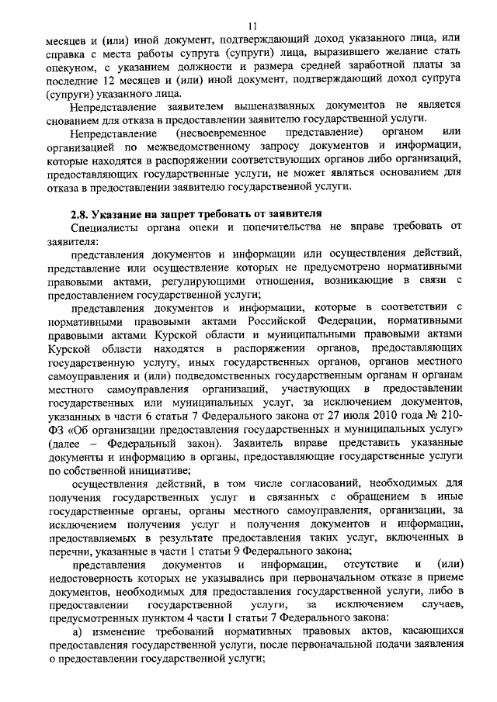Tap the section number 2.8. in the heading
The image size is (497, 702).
click(81, 213)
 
